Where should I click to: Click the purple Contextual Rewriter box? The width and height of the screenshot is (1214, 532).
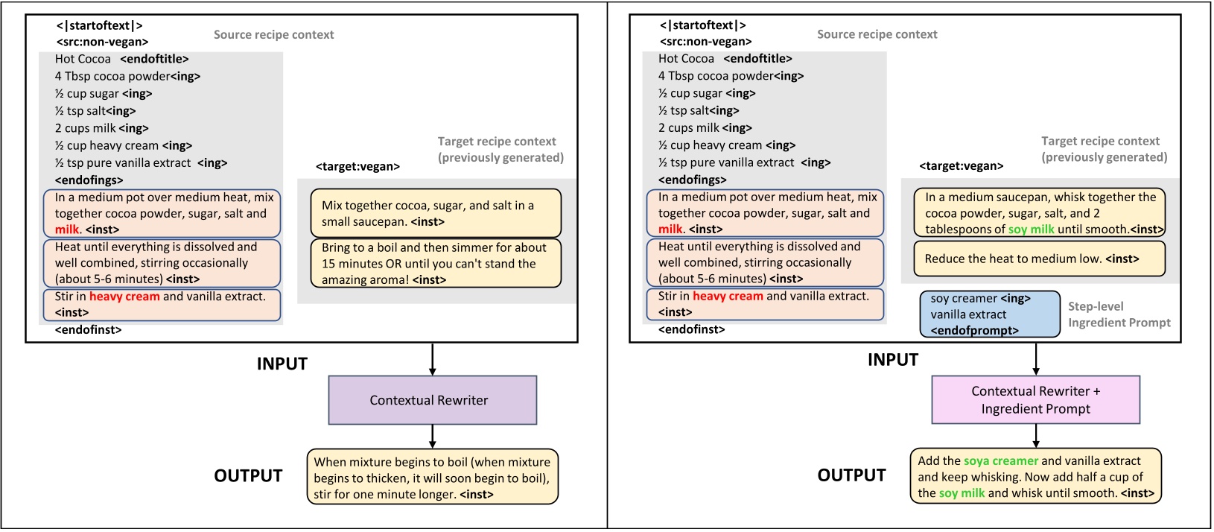click(x=432, y=400)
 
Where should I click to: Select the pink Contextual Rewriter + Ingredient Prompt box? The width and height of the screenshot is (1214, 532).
click(x=1035, y=400)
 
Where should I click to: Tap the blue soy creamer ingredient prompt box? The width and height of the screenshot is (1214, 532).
click(x=990, y=314)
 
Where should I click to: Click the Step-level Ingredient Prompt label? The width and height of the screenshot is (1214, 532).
click(x=1119, y=314)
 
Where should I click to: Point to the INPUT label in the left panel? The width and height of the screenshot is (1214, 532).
click(x=282, y=364)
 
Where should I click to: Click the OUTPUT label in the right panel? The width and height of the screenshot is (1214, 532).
click(x=851, y=475)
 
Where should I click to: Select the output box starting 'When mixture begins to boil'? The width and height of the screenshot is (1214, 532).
click(x=432, y=478)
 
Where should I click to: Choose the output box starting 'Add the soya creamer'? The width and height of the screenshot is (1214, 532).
click(x=1035, y=477)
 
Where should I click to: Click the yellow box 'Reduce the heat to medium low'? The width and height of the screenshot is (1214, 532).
click(x=1039, y=259)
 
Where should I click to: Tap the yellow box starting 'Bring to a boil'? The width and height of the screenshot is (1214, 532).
click(x=435, y=264)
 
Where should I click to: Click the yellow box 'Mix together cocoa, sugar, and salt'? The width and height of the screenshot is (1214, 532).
click(x=435, y=213)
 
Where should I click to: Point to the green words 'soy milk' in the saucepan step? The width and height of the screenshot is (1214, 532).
click(x=1031, y=229)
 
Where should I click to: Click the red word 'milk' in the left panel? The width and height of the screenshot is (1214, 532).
click(x=66, y=229)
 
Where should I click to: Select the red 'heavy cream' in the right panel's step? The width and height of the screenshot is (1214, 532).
click(x=727, y=296)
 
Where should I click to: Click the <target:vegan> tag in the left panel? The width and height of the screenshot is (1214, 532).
click(x=357, y=167)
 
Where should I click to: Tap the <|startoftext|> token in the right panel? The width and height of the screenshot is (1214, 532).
click(x=702, y=25)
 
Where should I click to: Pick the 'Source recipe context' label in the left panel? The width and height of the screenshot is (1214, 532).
click(x=273, y=35)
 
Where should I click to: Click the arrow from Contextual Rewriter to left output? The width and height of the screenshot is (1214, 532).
click(x=432, y=437)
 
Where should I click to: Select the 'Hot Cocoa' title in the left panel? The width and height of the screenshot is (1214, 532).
click(x=83, y=59)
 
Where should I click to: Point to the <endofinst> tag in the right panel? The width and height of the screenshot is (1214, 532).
click(x=691, y=329)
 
